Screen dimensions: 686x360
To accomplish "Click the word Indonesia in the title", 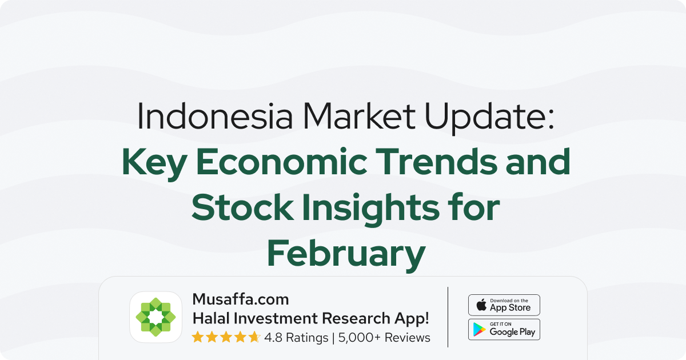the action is pyautogui.click(x=215, y=115).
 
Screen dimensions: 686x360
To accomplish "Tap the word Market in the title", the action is pyautogui.click(x=359, y=115).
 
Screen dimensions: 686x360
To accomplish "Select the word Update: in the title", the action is pyautogui.click(x=489, y=118).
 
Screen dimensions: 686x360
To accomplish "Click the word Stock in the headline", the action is pyautogui.click(x=242, y=207).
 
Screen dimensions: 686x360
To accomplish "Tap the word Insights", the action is pyautogui.click(x=371, y=210).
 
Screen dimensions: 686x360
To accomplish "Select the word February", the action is pyautogui.click(x=346, y=255).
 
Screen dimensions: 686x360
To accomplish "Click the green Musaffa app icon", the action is pyautogui.click(x=155, y=317).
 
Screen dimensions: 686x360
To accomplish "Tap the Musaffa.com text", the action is pyautogui.click(x=241, y=299).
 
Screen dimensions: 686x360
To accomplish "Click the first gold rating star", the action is pyautogui.click(x=198, y=337).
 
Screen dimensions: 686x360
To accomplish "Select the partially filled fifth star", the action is pyautogui.click(x=254, y=337).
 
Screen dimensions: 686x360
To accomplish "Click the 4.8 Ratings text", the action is pyautogui.click(x=296, y=338).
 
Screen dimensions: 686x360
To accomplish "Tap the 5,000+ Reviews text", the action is pyautogui.click(x=384, y=338).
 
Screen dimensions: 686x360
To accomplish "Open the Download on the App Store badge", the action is pyautogui.click(x=504, y=305).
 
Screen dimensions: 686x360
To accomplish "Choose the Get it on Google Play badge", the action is pyautogui.click(x=504, y=329).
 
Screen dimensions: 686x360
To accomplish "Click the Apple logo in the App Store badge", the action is pyautogui.click(x=481, y=305).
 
